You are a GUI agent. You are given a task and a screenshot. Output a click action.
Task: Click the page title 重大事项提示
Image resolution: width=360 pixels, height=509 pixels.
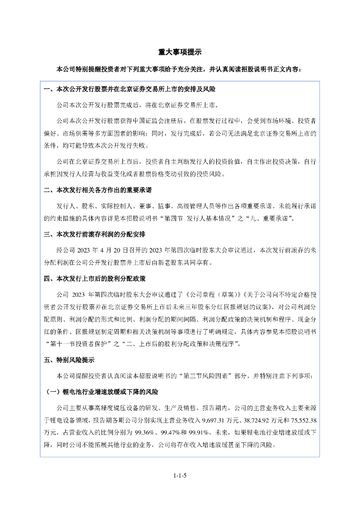coord(180,52)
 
